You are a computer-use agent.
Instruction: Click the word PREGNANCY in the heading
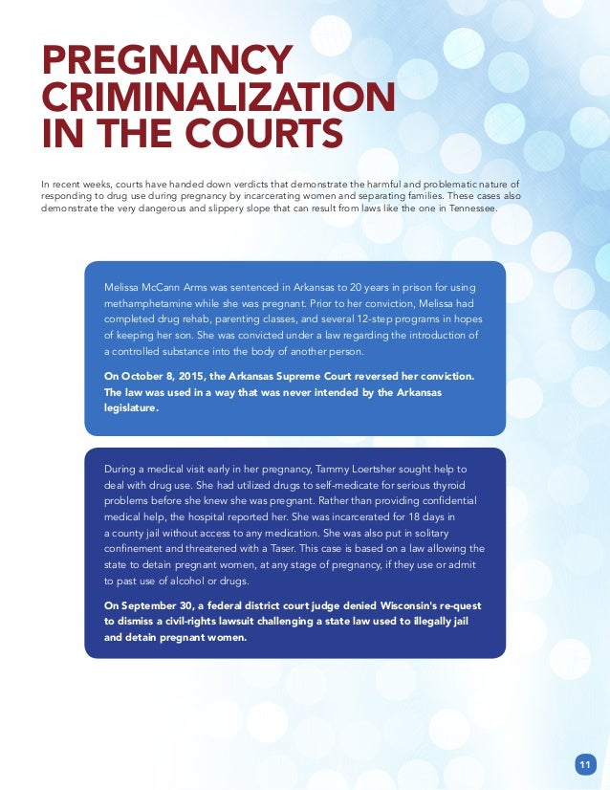point(165,60)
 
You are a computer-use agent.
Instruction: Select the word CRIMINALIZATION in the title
point(217,97)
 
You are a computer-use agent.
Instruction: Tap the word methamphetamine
point(151,304)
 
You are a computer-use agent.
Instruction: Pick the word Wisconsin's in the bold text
point(353,604)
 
